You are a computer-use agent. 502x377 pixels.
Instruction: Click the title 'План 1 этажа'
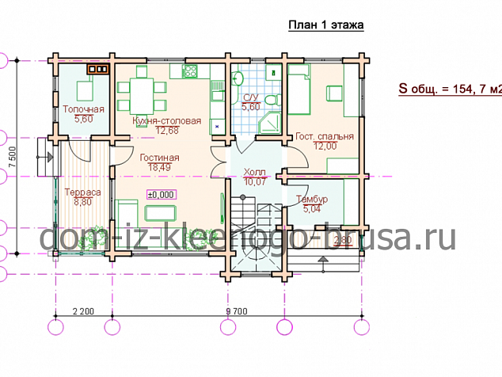pos(326,25)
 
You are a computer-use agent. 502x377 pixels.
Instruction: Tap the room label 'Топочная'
pos(84,109)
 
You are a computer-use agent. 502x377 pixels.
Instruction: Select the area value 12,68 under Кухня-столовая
pos(167,131)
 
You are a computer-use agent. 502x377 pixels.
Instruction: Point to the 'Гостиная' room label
pos(159,158)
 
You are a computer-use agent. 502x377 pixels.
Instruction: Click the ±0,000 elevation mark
pos(162,194)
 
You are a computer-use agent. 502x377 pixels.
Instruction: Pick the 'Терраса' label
pos(82,192)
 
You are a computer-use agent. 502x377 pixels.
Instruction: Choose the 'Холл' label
pos(254,171)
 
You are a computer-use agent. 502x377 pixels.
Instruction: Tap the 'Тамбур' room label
pos(312,199)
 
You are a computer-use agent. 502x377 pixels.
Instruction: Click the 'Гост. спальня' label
pos(325,136)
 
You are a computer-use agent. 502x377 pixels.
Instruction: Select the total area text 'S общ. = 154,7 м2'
pos(450,89)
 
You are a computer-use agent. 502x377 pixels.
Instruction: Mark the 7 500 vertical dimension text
pos(12,157)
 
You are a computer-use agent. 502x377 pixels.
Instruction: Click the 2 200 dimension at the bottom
pos(84,311)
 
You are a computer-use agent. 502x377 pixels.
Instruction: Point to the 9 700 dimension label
pos(237,311)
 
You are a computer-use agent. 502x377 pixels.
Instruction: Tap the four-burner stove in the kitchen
pos(190,71)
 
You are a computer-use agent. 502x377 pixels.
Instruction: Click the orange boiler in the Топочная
pos(98,69)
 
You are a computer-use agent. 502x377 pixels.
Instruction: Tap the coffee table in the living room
pos(161,213)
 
